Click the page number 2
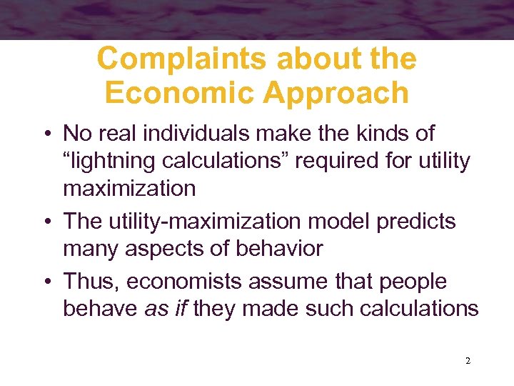pyautogui.click(x=468, y=361)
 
